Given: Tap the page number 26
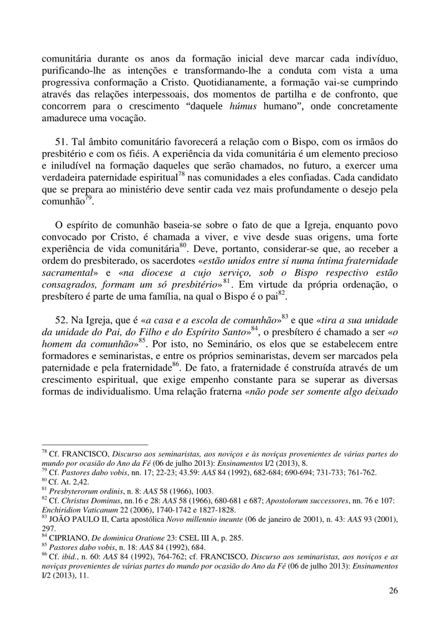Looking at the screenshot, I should click(393, 590).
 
